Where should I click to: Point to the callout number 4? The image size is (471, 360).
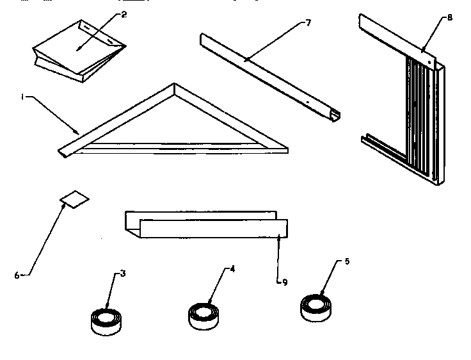232,269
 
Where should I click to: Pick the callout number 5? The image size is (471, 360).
347,261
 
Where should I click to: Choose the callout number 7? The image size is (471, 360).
308,23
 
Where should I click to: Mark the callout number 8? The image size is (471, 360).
449,18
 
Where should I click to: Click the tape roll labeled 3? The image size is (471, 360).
106,320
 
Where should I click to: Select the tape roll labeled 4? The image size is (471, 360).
206,315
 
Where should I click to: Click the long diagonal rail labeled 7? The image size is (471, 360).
269,74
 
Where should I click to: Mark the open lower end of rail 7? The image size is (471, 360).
335,116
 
